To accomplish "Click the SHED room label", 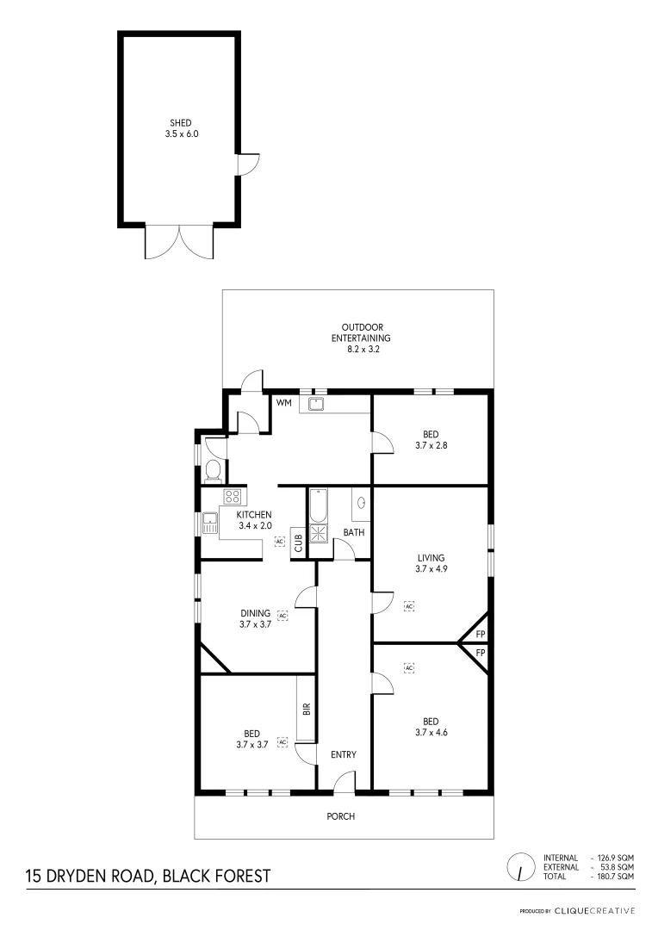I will tap(181, 123).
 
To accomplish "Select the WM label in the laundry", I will tap(283, 402).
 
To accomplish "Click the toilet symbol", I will tap(213, 470).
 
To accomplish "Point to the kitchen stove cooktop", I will tap(232, 496).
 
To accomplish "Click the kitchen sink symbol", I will tap(210, 523).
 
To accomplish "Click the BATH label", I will tap(354, 532).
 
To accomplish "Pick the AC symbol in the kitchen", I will tap(279, 541).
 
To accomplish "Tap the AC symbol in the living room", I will tap(409, 606).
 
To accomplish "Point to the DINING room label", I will tap(256, 614).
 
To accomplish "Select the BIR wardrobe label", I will tap(306, 710).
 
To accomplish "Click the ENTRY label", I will tap(344, 755).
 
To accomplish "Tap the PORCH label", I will tap(341, 816).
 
